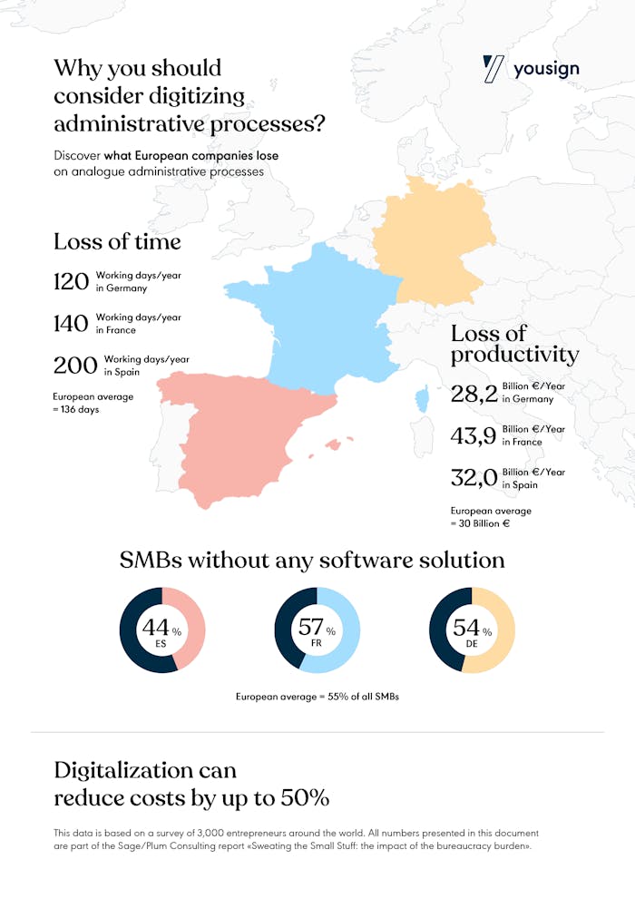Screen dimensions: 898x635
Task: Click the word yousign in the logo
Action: pyautogui.click(x=546, y=69)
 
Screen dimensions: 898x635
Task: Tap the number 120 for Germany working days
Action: pyautogui.click(x=71, y=281)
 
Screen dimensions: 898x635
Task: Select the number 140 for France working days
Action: pyautogui.click(x=71, y=324)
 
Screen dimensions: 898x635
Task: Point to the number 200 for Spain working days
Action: pyautogui.click(x=74, y=366)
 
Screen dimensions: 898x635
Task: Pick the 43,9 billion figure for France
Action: pyautogui.click(x=474, y=436)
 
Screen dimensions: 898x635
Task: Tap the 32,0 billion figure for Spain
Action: pyautogui.click(x=474, y=479)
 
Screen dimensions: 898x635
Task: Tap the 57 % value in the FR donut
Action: pyautogui.click(x=316, y=627)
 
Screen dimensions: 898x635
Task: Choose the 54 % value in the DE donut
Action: pyautogui.click(x=471, y=627)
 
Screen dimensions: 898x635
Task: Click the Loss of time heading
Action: pyautogui.click(x=117, y=241)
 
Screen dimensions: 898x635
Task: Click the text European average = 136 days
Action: pyautogui.click(x=93, y=403)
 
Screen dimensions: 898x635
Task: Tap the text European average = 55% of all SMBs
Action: pyautogui.click(x=317, y=697)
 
